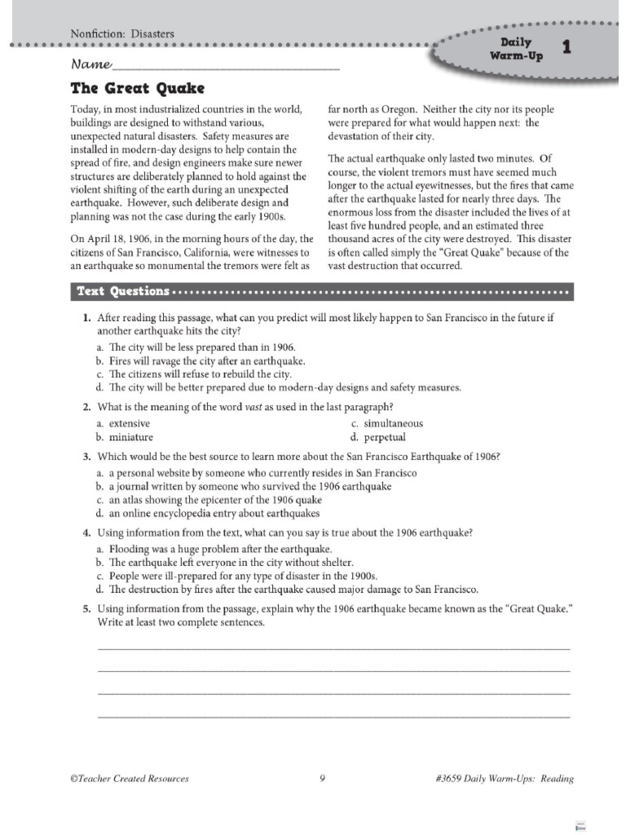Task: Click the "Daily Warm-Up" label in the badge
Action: tap(512, 48)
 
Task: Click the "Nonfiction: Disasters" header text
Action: tap(123, 33)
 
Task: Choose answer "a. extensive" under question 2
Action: tap(123, 423)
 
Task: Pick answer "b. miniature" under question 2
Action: tap(124, 437)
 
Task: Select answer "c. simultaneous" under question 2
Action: tap(387, 423)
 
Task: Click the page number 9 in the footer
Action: tap(322, 778)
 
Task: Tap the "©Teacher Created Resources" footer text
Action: tap(130, 778)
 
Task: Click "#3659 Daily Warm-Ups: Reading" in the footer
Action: tap(505, 778)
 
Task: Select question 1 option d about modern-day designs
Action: tap(278, 387)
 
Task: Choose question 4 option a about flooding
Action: tap(214, 549)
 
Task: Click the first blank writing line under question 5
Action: tap(333, 647)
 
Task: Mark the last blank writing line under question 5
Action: tap(333, 717)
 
